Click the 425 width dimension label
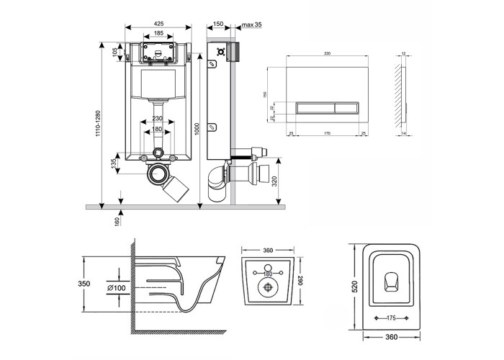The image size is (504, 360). pyautogui.click(x=158, y=23)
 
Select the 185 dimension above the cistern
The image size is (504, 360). pyautogui.click(x=158, y=34)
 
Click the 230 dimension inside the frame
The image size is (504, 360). pyautogui.click(x=158, y=119)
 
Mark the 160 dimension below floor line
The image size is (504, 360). pyautogui.click(x=115, y=221)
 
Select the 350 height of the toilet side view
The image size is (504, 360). pyautogui.click(x=85, y=284)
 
